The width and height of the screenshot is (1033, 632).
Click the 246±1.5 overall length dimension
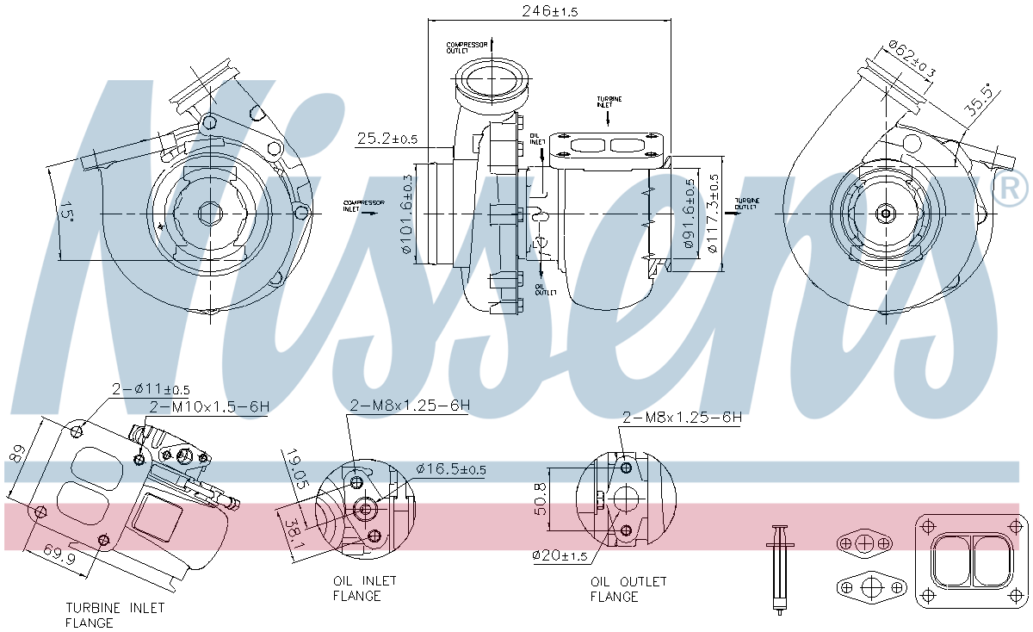pos(551,11)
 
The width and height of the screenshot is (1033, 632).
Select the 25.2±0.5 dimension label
pos(387,139)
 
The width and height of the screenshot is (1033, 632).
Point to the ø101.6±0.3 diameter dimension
pos(408,214)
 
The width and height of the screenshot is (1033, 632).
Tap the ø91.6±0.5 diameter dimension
pos(689,214)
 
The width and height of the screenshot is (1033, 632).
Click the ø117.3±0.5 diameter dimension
pos(712,213)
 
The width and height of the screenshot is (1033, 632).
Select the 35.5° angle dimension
pos(978,99)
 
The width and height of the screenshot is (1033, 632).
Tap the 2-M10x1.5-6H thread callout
pos(209,406)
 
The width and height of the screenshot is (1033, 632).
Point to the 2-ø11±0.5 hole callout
pos(150,390)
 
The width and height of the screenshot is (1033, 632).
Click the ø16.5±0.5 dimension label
pos(450,469)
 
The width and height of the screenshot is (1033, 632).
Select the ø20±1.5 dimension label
pos(560,555)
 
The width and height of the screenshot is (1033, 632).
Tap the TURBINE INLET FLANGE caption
pos(114,615)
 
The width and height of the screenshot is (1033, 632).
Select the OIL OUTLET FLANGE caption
pos(628,589)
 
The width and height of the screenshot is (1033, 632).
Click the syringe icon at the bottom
pos(781,568)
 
